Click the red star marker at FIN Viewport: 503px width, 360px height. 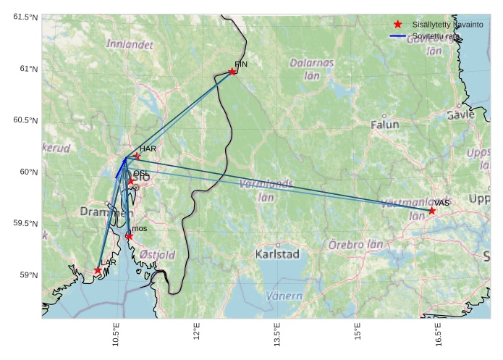click(232, 71)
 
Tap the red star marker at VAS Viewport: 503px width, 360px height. click(432, 211)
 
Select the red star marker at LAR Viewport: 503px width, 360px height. click(98, 271)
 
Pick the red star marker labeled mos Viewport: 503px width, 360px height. click(129, 236)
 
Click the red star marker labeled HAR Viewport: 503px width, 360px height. click(136, 156)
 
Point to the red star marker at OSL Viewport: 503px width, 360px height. click(131, 183)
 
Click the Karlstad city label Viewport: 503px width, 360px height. click(277, 254)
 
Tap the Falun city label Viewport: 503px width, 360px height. click(384, 125)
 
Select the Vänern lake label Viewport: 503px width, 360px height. click(284, 296)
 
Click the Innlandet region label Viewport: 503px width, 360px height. click(130, 44)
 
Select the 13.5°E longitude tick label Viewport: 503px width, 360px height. click(277, 335)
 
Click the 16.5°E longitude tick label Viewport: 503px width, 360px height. click(438, 335)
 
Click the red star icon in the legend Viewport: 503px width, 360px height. click(397, 24)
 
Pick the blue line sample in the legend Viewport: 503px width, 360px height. click(397, 35)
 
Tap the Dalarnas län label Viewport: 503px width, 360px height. click(312, 69)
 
